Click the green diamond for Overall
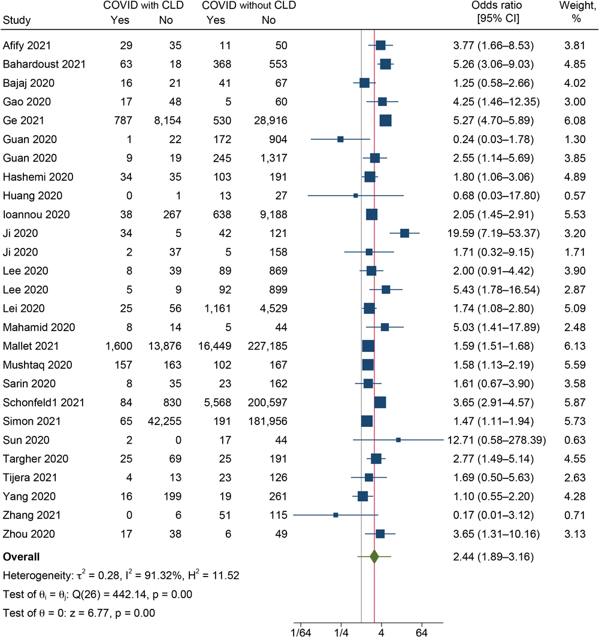coord(374,557)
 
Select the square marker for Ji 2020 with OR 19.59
coord(404,233)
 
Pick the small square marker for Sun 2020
coord(398,440)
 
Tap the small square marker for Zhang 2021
coord(335,515)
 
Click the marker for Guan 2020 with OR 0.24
coord(340,139)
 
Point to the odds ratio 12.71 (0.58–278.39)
coord(497,440)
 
